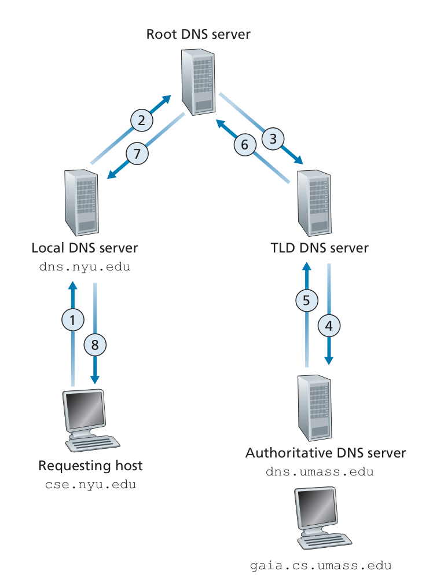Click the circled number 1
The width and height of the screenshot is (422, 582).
point(73,319)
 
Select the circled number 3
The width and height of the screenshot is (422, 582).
point(273,138)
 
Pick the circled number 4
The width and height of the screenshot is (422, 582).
point(329,326)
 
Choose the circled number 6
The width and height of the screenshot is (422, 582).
point(245,144)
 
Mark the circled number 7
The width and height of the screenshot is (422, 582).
point(137,153)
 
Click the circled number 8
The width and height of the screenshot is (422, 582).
point(95,345)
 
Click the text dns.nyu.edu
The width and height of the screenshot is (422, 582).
point(85,268)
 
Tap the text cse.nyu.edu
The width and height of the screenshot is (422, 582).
point(90,484)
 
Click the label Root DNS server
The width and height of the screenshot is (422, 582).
point(198,34)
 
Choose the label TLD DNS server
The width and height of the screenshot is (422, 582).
point(319,248)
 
